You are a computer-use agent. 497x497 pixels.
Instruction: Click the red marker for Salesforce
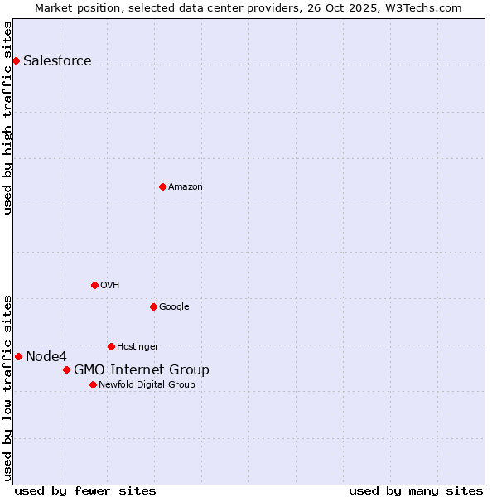[16, 60]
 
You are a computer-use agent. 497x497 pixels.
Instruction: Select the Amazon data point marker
[162, 186]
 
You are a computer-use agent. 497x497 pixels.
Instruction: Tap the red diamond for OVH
[94, 285]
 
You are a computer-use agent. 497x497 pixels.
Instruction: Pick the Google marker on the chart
[153, 306]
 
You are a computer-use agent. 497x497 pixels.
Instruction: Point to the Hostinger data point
[111, 346]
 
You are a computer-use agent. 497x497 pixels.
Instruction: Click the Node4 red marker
[18, 356]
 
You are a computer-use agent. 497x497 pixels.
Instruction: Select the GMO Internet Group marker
[66, 369]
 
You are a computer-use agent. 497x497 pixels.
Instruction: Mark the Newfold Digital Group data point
[93, 384]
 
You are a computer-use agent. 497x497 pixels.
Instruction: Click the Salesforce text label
[57, 60]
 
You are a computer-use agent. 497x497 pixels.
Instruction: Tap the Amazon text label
[185, 186]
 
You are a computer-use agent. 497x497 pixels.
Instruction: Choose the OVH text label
[109, 285]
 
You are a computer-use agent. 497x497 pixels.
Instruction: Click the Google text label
[174, 306]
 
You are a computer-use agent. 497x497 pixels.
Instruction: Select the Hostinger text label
[138, 346]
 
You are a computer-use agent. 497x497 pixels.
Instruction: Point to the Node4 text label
[46, 356]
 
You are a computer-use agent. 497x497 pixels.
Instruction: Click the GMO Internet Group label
[141, 369]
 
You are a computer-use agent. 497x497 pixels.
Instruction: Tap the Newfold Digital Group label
[147, 384]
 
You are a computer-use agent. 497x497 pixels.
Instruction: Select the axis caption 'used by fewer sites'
[85, 490]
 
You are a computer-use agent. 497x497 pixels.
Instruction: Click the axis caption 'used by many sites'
[416, 490]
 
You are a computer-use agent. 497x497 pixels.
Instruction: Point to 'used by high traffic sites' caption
[7, 118]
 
